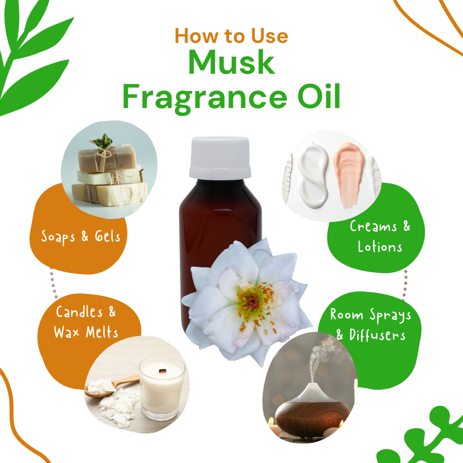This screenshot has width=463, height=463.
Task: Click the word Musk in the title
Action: point(231,62)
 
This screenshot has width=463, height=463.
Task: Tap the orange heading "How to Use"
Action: point(231,36)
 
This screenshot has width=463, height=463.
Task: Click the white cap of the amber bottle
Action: point(220,157)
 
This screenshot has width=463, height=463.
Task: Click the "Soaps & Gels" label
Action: point(80,236)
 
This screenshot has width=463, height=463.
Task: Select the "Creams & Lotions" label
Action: point(380,236)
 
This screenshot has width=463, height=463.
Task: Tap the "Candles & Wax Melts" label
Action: point(86,322)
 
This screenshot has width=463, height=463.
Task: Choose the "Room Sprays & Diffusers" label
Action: point(371,325)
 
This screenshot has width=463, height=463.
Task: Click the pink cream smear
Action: point(349,174)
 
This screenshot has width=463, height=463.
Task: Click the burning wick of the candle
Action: point(162,369)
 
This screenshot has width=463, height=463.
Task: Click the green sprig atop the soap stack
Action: point(102,142)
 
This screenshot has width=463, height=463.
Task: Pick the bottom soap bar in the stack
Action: point(109,194)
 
